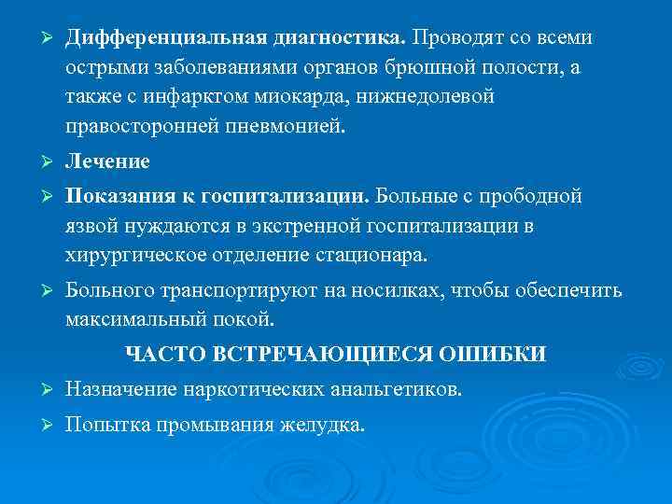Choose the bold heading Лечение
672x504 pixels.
click(x=107, y=161)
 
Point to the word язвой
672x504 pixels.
click(x=91, y=226)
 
